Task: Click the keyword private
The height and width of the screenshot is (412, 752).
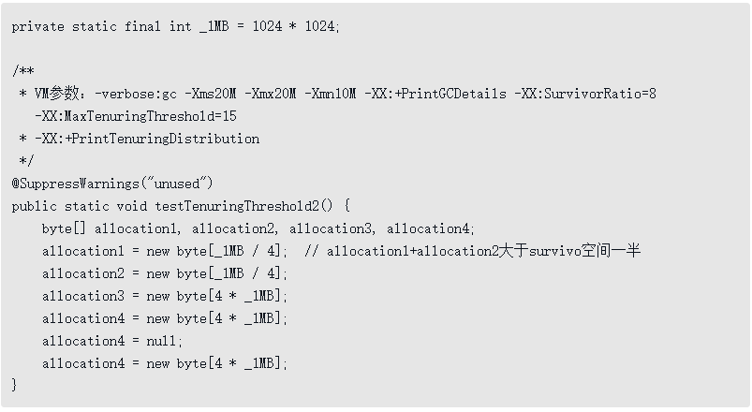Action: pyautogui.click(x=37, y=26)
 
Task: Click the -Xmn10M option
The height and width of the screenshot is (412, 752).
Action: pyautogui.click(x=327, y=94)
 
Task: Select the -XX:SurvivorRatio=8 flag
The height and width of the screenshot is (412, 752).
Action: pyautogui.click(x=585, y=94)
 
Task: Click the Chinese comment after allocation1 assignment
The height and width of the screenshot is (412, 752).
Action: pyautogui.click(x=473, y=251)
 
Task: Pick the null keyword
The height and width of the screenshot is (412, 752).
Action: pyautogui.click(x=165, y=341)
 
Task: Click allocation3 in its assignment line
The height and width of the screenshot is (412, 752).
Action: pyautogui.click(x=82, y=296)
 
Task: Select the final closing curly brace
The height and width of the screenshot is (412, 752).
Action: pyautogui.click(x=15, y=385)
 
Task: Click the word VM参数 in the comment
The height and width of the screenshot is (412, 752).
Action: pyautogui.click(x=57, y=94)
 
